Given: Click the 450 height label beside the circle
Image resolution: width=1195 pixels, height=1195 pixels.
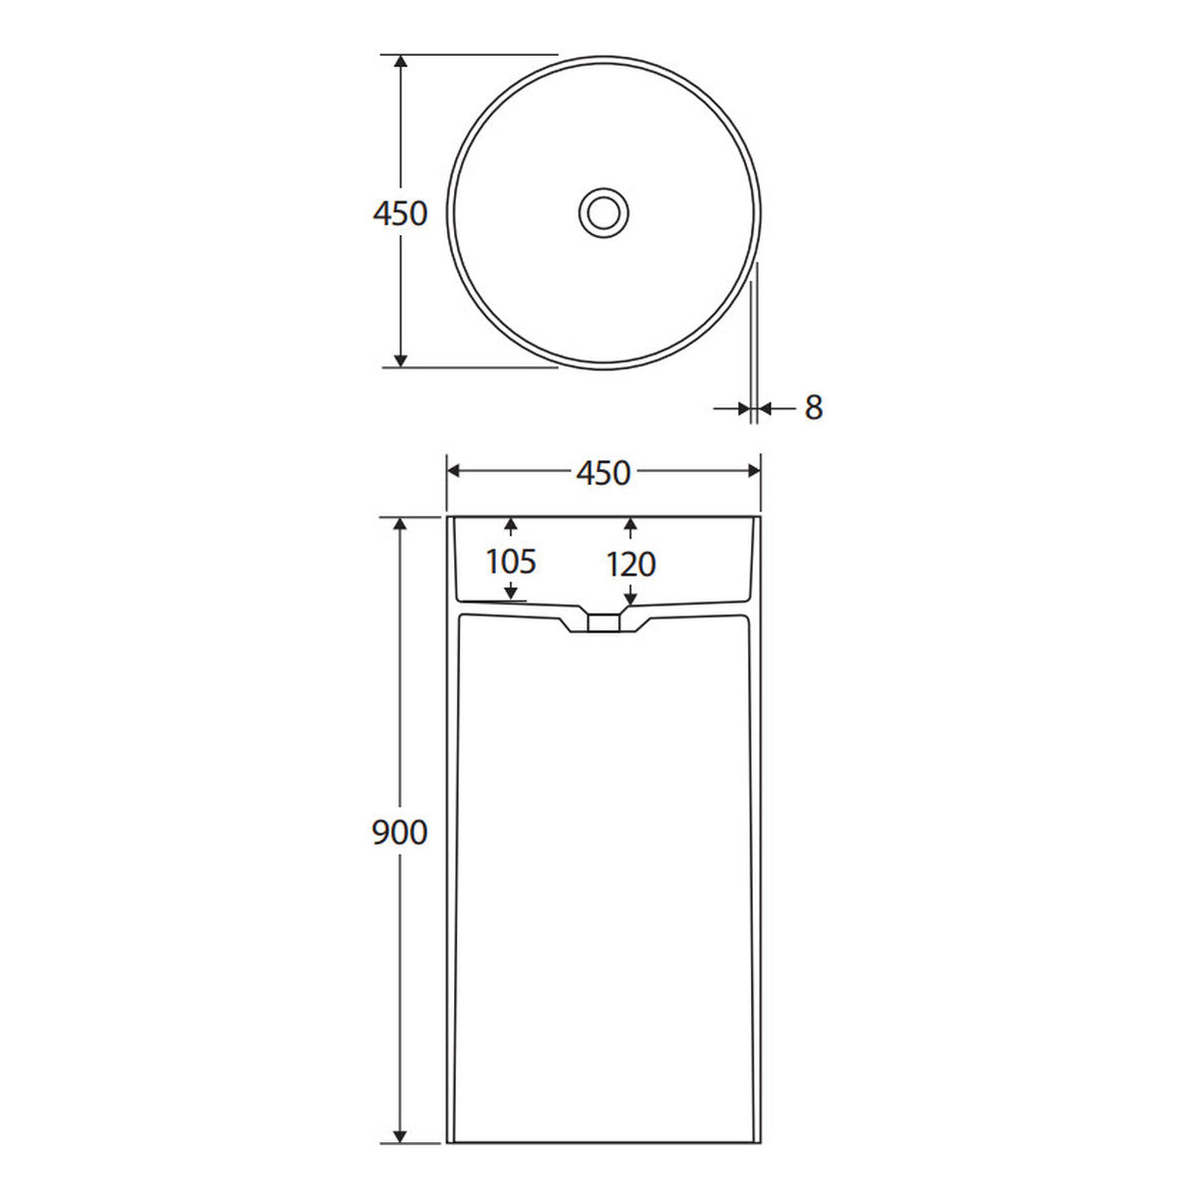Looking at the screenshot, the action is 400,213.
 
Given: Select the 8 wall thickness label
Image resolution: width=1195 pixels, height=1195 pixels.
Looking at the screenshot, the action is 813,407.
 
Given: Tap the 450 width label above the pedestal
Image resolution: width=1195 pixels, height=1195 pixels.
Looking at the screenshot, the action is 602,473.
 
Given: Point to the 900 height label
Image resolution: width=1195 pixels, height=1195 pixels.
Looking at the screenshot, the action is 400,833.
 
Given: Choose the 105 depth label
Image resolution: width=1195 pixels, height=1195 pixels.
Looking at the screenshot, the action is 511,562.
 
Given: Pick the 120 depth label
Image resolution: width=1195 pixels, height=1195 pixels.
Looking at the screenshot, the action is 630,565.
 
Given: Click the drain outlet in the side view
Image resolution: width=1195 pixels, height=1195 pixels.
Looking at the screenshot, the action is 603,622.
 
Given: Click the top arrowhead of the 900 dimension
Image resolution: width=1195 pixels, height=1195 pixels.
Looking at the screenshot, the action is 400,525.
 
